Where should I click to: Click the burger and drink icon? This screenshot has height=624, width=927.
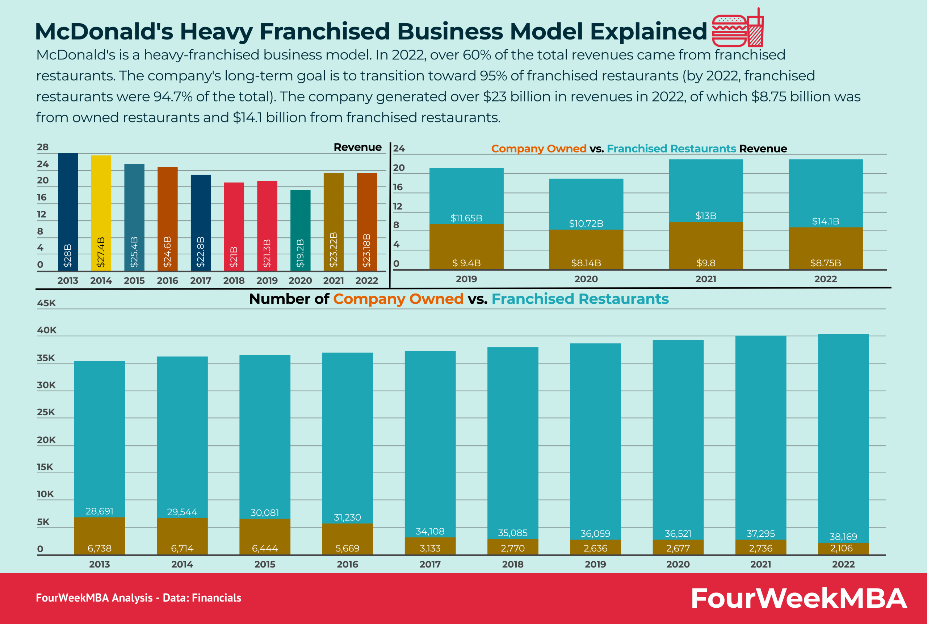738,29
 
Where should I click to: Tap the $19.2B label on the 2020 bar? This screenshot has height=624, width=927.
300,253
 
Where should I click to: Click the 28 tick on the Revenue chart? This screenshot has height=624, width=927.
43,147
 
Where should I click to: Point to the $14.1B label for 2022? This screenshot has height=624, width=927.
825,221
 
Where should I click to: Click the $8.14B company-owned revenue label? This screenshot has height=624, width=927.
586,263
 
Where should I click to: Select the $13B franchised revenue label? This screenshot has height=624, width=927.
705,216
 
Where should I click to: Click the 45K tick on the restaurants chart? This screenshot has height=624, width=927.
46,303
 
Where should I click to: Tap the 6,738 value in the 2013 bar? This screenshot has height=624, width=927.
100,548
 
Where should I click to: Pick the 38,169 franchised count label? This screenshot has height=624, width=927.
843,536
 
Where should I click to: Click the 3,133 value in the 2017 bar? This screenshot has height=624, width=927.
430,548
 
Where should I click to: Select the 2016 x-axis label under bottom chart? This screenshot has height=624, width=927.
347,564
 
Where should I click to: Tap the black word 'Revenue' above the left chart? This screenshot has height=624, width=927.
357,147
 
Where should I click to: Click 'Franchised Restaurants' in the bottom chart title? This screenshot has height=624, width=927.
580,299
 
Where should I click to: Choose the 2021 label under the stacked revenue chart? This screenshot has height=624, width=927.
705,279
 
